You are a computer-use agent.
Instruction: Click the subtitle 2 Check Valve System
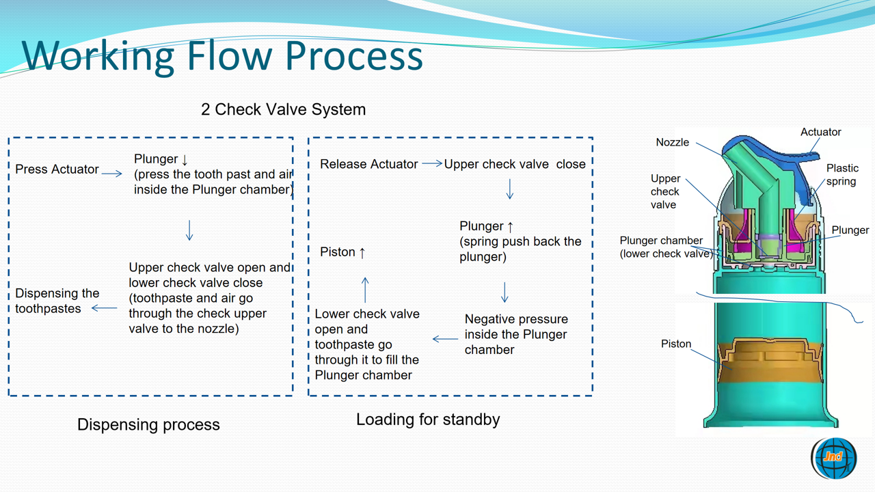283,109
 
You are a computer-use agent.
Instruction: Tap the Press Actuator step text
57,169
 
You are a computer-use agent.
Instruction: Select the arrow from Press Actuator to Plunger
112,174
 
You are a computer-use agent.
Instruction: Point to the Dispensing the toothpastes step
57,301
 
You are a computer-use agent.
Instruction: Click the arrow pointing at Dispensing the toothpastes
104,308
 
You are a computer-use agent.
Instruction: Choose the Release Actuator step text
368,164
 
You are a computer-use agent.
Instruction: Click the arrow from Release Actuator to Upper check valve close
431,163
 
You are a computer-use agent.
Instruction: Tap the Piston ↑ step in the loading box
342,252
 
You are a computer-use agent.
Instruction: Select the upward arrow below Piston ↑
366,290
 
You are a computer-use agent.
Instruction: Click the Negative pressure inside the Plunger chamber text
515,334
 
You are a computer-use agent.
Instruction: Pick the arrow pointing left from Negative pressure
445,339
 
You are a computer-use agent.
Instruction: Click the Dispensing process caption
148,424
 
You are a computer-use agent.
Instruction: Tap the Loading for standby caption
428,420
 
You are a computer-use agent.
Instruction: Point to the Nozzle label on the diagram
672,142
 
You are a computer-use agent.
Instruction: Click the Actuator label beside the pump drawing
820,132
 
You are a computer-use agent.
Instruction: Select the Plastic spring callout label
842,174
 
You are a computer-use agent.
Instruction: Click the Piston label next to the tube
676,344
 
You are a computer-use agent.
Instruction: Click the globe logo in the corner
834,457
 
